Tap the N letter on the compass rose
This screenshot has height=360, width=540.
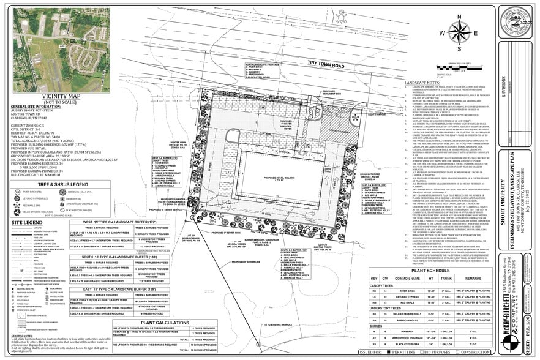(458, 20)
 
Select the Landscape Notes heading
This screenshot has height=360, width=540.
(422, 81)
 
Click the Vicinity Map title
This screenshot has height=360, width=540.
(61, 96)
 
